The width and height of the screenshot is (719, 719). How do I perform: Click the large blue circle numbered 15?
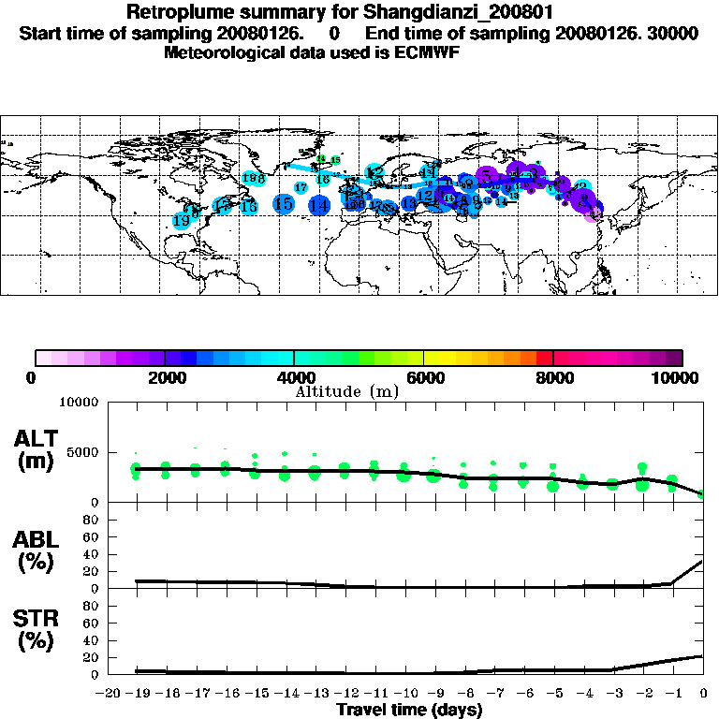point(284,204)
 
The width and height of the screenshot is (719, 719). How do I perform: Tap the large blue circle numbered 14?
point(319,206)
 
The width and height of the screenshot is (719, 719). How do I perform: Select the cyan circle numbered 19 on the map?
point(181,220)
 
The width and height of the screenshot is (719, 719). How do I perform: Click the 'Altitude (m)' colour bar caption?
point(347,391)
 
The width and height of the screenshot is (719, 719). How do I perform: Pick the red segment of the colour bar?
point(545,357)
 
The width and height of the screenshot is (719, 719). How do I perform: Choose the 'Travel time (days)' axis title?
point(409,710)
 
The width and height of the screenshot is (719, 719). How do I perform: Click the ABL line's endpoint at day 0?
point(702,562)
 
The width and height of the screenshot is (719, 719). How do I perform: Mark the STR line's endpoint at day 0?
point(702,656)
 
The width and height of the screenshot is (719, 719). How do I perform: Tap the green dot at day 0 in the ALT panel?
point(702,493)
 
